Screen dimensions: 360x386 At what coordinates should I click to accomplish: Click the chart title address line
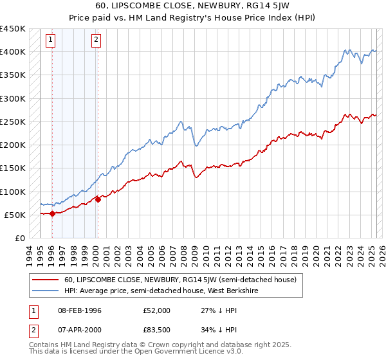click(x=193, y=6)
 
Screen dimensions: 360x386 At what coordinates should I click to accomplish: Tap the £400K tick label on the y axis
click(x=13, y=51)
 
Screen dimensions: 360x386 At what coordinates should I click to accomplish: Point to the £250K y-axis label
click(x=13, y=122)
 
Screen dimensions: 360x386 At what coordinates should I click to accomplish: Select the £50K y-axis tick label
click(x=15, y=215)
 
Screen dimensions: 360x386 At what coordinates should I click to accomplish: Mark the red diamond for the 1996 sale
click(x=51, y=214)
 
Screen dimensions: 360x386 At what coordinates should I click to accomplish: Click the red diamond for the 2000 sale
click(x=98, y=199)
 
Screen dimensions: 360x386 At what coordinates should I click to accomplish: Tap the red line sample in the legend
click(x=46, y=280)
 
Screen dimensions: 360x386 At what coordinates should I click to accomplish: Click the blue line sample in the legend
click(x=46, y=291)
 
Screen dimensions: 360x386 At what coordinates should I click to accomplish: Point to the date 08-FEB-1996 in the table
click(x=79, y=310)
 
